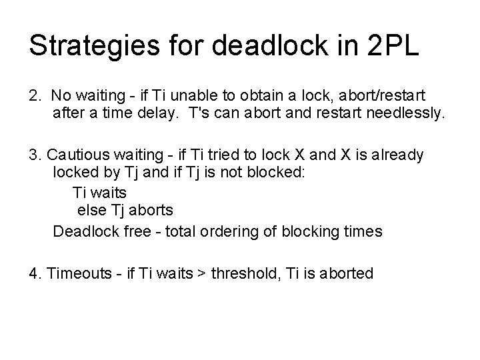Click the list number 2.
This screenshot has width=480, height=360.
tap(34, 96)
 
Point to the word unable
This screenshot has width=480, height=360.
tap(187, 96)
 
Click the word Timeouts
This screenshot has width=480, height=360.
tap(78, 273)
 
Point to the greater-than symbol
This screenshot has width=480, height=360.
tap(200, 273)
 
